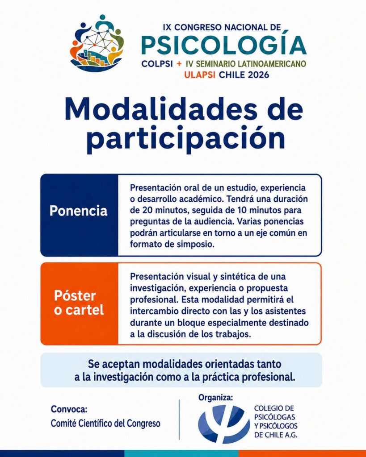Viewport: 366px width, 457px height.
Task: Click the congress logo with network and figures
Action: [x=97, y=43]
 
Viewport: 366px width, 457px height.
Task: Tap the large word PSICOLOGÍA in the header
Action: [x=224, y=45]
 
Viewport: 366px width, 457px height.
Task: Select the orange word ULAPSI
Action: [x=200, y=75]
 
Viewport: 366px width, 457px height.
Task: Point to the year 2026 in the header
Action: [x=258, y=75]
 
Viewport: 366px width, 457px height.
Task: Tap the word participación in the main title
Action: [x=185, y=138]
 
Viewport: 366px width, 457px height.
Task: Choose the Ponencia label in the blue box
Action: [x=78, y=211]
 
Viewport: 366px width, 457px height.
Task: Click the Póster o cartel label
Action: [x=79, y=303]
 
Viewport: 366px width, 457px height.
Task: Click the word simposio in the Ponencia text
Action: [x=196, y=244]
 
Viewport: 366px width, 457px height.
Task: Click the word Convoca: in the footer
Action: [x=69, y=409]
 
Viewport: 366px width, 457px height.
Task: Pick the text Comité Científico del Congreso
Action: [x=105, y=424]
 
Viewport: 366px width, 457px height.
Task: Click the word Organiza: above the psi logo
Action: [x=216, y=397]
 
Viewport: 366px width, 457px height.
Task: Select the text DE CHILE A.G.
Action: [x=276, y=435]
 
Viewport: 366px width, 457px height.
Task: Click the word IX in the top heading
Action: [x=167, y=27]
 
